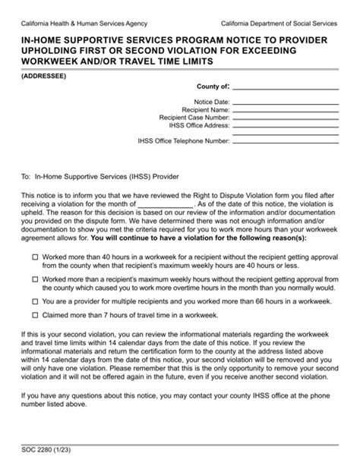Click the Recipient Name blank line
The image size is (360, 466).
(295, 112)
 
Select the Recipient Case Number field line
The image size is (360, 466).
(295, 119)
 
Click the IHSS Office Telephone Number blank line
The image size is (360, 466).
(295, 142)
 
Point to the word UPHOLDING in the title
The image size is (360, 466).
(58, 48)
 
